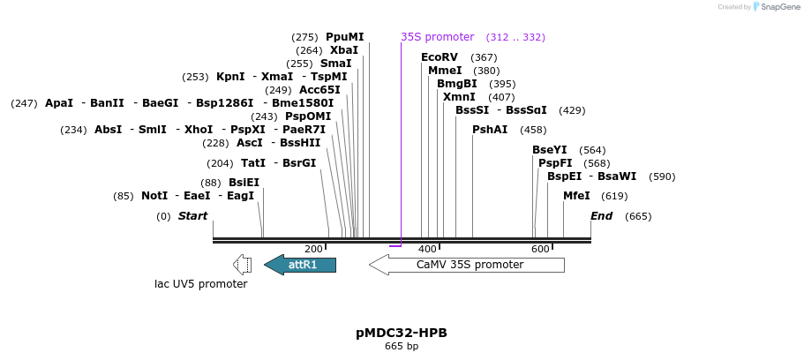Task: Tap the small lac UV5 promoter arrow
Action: click(242, 265)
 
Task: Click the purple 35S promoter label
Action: click(438, 37)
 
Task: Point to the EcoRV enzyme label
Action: click(440, 57)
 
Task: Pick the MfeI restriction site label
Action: click(576, 196)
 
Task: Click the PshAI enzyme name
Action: click(490, 130)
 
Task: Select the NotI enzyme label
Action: click(154, 196)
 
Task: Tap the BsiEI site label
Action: click(244, 183)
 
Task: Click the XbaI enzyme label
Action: click(344, 50)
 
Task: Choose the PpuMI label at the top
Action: click(344, 37)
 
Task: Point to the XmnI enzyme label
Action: click(459, 97)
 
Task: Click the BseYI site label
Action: click(549, 150)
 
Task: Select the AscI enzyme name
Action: click(250, 143)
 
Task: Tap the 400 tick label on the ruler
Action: click(427, 250)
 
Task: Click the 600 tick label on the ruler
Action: click(540, 250)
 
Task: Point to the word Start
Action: click(192, 216)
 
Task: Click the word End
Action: click(602, 216)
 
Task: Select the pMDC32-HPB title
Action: click(402, 333)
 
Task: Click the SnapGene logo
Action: click(777, 7)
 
